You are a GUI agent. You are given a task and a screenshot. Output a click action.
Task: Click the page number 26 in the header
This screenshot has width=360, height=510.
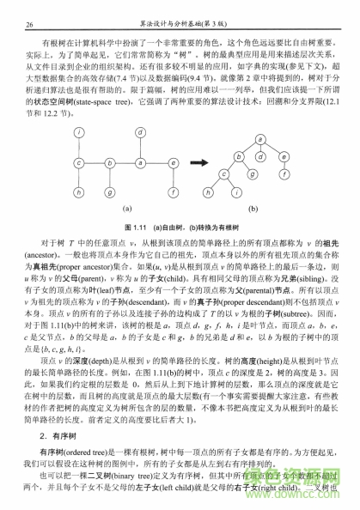[31, 25]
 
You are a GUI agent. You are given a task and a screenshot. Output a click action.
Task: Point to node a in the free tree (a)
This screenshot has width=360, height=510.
[138, 161]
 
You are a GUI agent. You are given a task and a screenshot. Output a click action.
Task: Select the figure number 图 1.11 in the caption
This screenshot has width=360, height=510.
[136, 226]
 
